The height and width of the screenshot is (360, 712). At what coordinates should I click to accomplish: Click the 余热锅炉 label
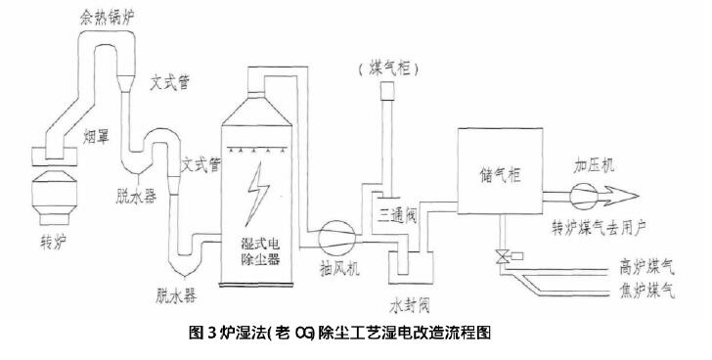click(105, 18)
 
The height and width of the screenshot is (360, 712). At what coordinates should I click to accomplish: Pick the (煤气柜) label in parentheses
click(389, 68)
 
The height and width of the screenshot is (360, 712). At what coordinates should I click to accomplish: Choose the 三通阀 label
click(396, 211)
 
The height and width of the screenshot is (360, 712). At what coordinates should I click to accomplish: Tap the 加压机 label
click(595, 165)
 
